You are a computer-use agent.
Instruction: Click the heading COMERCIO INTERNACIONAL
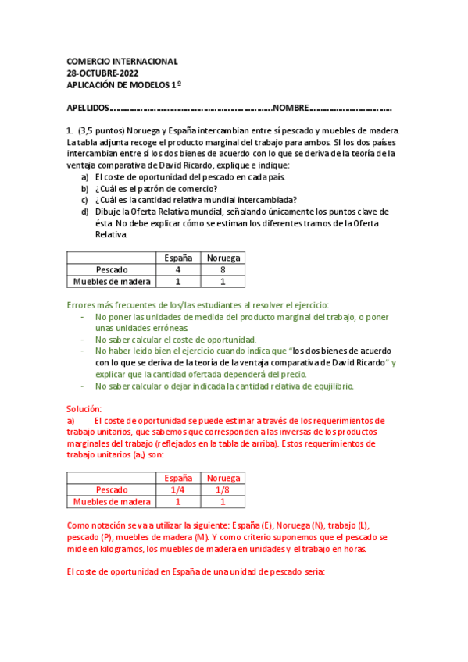[x=122, y=61]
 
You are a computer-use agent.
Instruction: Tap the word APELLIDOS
[x=88, y=109]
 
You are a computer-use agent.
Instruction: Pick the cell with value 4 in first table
[x=178, y=269]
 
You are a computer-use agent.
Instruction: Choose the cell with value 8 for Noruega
[x=223, y=269]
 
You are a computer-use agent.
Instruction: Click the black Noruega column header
[x=223, y=258]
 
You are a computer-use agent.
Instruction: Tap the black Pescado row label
[x=111, y=269]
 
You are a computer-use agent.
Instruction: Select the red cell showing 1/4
[x=178, y=489]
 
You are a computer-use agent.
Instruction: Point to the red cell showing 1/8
[x=223, y=489]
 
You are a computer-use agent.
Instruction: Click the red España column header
[x=178, y=478]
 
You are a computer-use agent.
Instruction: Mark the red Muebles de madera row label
[x=111, y=502]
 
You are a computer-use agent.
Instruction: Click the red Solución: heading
[x=84, y=409]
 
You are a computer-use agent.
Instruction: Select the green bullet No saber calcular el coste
[x=176, y=340]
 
